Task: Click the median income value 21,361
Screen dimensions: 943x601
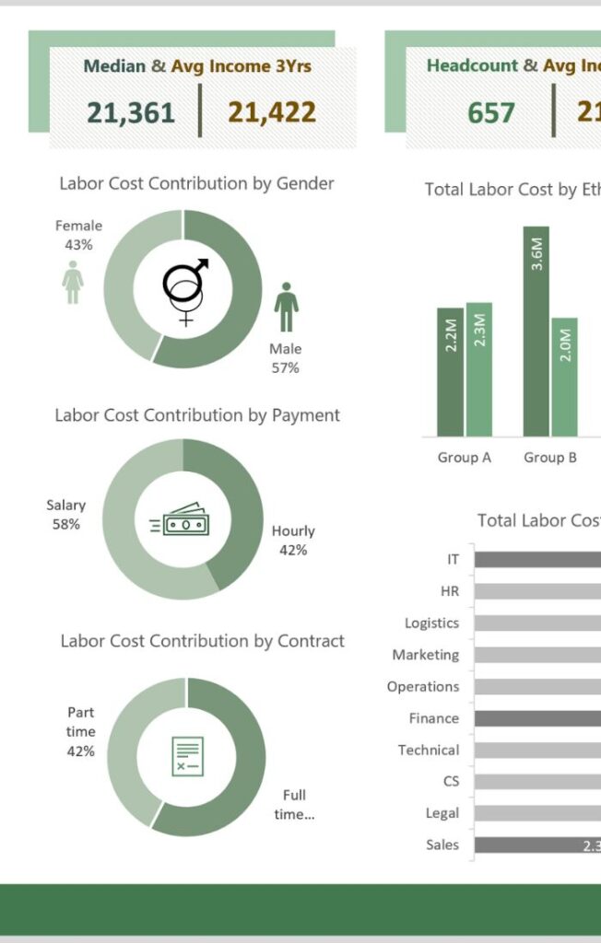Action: tap(131, 112)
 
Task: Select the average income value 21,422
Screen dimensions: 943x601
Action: tap(272, 112)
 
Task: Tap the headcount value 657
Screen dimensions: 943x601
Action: tap(491, 112)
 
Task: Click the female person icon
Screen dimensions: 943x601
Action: tap(73, 282)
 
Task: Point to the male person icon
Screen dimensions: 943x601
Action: tap(287, 308)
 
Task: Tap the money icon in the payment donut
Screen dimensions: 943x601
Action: tap(182, 521)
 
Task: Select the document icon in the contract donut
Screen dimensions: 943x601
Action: tap(187, 756)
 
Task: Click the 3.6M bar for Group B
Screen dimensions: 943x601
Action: tap(536, 332)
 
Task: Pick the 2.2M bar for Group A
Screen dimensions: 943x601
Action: tap(451, 372)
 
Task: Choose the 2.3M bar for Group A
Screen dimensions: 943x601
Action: tap(479, 369)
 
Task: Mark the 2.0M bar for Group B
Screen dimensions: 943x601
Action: tap(565, 378)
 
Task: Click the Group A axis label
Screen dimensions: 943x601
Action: tap(458, 458)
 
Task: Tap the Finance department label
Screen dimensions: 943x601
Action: tap(433, 718)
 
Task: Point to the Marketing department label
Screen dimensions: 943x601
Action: tap(425, 655)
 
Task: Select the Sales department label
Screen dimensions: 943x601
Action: tap(442, 844)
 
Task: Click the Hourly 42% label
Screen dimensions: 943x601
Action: tap(293, 541)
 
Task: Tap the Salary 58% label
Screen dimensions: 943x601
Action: tap(65, 515)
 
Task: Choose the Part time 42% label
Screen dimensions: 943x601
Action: tap(80, 732)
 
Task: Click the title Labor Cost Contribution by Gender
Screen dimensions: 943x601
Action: tap(196, 183)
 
